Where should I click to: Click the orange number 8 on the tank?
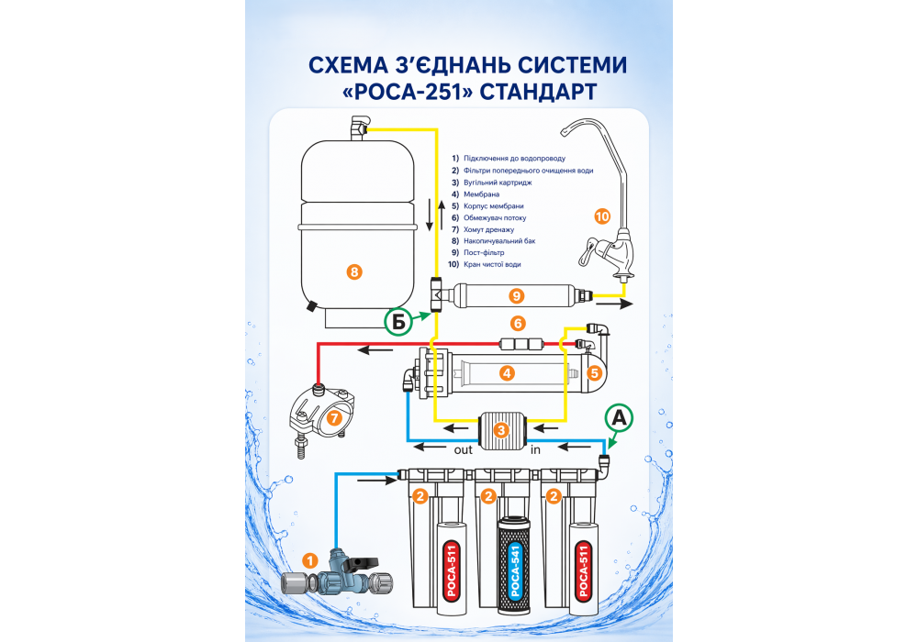tap(354, 271)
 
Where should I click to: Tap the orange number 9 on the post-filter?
tap(517, 295)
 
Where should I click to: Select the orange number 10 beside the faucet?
tap(601, 216)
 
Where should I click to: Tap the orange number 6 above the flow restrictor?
tap(518, 324)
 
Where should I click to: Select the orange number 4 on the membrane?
tap(507, 373)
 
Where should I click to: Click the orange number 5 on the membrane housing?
tap(594, 373)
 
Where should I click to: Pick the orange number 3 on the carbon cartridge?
tap(500, 429)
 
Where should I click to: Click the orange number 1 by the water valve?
tap(310, 559)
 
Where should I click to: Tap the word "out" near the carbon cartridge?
tap(465, 449)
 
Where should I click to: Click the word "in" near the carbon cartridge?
tap(536, 449)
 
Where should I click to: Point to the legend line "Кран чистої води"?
tap(492, 264)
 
